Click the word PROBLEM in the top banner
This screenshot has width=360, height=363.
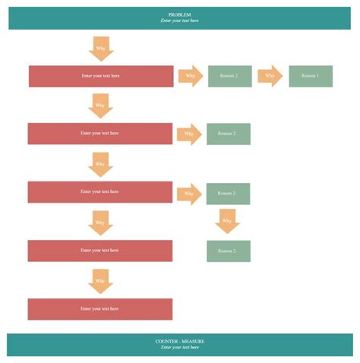[180, 14]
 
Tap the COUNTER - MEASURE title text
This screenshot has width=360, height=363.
[180, 341]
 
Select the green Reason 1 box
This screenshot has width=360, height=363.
[311, 76]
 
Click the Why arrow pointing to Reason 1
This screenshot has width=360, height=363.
[270, 76]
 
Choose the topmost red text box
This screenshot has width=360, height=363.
[101, 76]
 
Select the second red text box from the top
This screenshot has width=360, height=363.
[100, 134]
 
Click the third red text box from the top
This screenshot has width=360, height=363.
[100, 192]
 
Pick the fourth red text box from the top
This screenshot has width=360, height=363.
[100, 251]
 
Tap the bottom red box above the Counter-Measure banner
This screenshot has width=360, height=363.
[100, 309]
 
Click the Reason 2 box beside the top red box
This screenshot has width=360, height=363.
[229, 76]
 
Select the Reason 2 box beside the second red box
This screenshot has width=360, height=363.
[228, 134]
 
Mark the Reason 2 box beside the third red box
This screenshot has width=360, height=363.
[228, 194]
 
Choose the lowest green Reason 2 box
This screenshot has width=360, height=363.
[228, 251]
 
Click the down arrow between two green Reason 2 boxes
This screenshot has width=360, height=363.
[227, 222]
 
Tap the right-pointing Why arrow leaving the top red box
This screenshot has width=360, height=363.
[191, 76]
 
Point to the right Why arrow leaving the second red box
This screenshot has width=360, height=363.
[189, 134]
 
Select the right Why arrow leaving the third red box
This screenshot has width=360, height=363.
[189, 194]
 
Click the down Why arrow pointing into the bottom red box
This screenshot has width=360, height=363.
[100, 281]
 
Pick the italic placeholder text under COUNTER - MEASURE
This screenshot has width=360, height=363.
[180, 348]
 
